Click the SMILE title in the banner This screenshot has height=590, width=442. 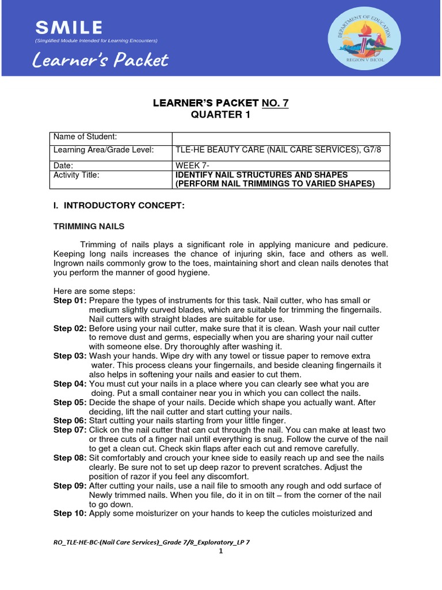(68, 27)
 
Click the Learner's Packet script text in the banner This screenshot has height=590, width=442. (101, 59)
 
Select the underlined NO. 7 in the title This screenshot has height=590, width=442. (275, 103)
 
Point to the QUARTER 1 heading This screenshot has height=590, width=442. (220, 114)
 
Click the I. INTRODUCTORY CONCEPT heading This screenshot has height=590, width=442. (119, 206)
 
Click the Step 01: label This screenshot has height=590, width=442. (70, 301)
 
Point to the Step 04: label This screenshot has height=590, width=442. (70, 384)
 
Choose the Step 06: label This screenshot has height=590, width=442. (70, 421)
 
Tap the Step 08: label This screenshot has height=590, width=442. (70, 457)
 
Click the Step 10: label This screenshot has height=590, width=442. (70, 513)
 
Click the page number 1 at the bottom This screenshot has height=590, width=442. (220, 551)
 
